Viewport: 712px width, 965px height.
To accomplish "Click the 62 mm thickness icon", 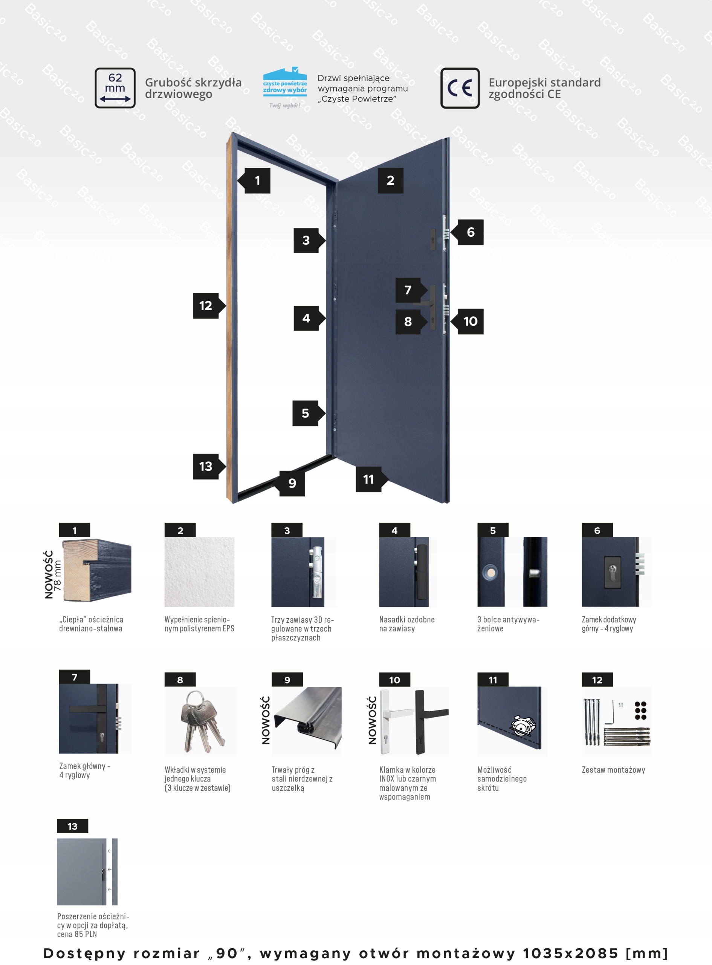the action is coord(115,88).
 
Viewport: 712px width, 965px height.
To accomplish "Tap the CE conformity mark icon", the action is coord(460,88).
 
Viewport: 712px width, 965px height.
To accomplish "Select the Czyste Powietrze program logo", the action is coord(285,87).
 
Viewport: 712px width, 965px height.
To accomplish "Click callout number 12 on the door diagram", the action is coord(209,306).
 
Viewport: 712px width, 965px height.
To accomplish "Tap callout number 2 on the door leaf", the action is coord(391,180).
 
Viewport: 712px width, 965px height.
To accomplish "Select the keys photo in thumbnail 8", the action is coord(200,721).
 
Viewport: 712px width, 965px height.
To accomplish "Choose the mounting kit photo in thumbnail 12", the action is coord(616,721).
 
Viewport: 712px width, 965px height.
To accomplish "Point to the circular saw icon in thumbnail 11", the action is coord(523,726).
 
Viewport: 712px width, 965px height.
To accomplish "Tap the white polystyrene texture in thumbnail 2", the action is coord(199,572).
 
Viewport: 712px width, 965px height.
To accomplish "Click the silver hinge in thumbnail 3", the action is coord(316,572).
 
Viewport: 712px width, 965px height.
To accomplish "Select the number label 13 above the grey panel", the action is coord(72,826).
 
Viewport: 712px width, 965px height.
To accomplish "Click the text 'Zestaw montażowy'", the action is coord(613,770).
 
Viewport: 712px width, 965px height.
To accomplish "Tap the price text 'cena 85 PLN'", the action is coord(77,934).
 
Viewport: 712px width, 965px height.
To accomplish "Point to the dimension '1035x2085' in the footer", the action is coord(571,953).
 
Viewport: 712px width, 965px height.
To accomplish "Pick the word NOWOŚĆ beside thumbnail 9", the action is coord(266,720).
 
